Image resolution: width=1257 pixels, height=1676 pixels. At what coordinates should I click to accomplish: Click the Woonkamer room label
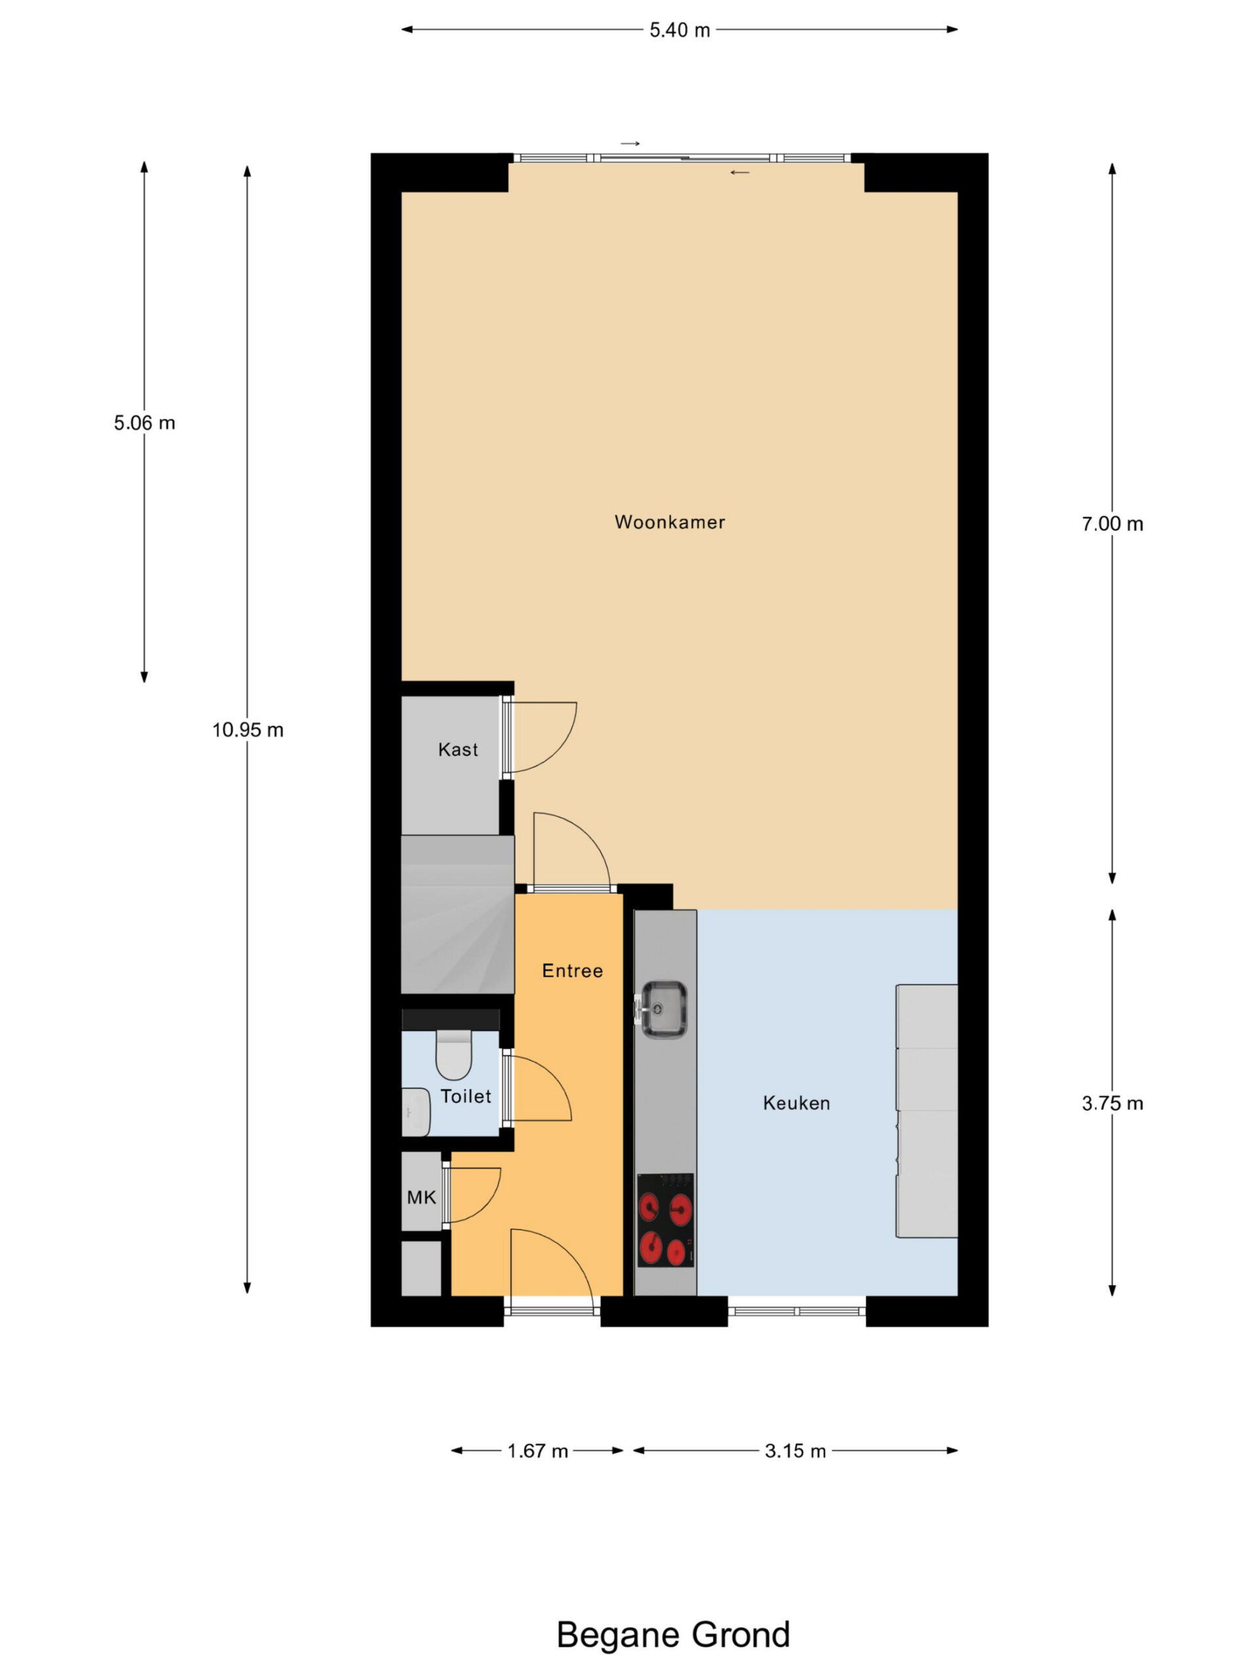(669, 522)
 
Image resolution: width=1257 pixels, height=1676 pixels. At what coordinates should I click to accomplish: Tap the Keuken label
(796, 1103)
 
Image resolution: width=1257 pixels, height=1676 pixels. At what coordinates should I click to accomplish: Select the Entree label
(572, 971)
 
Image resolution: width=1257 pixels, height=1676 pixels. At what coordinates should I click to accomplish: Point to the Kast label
(458, 750)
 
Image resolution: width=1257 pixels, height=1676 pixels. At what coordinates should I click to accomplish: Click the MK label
(421, 1197)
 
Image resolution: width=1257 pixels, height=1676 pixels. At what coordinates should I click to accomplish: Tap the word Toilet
(466, 1097)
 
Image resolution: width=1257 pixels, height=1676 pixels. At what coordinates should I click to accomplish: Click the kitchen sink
(664, 1010)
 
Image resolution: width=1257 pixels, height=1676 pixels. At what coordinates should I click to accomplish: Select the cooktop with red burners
(665, 1220)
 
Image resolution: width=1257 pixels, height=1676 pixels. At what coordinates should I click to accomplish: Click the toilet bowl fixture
(454, 1054)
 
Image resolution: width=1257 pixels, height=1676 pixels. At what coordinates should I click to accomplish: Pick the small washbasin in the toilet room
(415, 1112)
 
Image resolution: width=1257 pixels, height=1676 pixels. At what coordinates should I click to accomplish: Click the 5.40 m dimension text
(680, 30)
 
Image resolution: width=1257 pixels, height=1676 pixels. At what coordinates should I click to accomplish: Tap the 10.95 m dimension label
(247, 731)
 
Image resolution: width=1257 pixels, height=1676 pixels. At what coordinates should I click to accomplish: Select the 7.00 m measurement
(1112, 524)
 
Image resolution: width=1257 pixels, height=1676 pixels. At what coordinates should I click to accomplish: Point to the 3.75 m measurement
(1112, 1104)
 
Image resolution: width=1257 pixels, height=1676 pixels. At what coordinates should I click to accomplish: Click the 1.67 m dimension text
(537, 1451)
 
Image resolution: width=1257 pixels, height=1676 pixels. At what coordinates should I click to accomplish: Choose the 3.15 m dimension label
(795, 1451)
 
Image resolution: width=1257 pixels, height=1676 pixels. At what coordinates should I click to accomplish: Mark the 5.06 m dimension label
(145, 424)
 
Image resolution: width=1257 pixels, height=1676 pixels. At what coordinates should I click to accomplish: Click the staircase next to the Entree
(458, 915)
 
